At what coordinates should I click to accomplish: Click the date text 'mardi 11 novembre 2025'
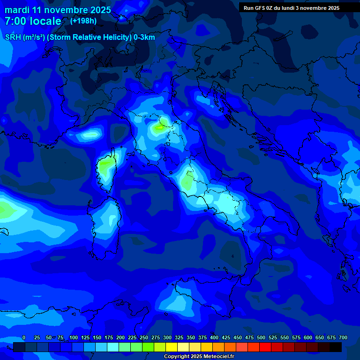click(x=58, y=10)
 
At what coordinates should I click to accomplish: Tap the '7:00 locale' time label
click(x=33, y=21)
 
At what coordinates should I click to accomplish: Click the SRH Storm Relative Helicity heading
click(x=80, y=37)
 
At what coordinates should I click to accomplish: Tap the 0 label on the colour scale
click(x=23, y=337)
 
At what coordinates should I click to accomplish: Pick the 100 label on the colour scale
click(x=73, y=337)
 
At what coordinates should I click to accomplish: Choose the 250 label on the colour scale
click(x=144, y=337)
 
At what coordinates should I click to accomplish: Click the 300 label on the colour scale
click(x=167, y=337)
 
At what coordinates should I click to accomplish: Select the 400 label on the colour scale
click(x=214, y=337)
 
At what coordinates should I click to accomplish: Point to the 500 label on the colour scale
click(x=261, y=337)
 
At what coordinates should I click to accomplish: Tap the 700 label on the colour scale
click(x=343, y=337)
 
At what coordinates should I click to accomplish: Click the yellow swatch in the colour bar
click(x=172, y=347)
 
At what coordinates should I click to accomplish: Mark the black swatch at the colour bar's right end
click(x=336, y=347)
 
